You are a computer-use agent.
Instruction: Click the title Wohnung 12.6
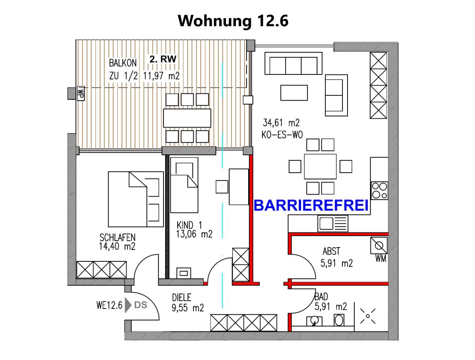pyautogui.click(x=233, y=21)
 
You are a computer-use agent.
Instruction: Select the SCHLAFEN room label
pyautogui.click(x=118, y=238)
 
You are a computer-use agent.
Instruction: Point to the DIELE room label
pyautogui.click(x=182, y=297)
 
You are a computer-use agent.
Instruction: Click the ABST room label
pyautogui.click(x=331, y=251)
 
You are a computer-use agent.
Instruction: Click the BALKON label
pyautogui.click(x=123, y=63)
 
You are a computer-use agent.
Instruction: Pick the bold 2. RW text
pyautogui.click(x=163, y=59)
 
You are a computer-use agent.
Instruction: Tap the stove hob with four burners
pyautogui.click(x=379, y=190)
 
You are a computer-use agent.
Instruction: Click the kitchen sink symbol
pyautogui.click(x=332, y=223)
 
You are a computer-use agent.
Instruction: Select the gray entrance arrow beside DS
pyautogui.click(x=128, y=305)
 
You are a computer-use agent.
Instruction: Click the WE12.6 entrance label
pyautogui.click(x=108, y=305)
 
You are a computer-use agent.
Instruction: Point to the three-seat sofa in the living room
pyautogui.click(x=294, y=63)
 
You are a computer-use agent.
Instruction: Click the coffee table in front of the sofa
pyautogui.click(x=294, y=93)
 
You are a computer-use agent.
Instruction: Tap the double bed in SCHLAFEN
pyautogui.click(x=135, y=199)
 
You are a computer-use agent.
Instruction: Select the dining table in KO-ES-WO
pyautogui.click(x=320, y=166)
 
